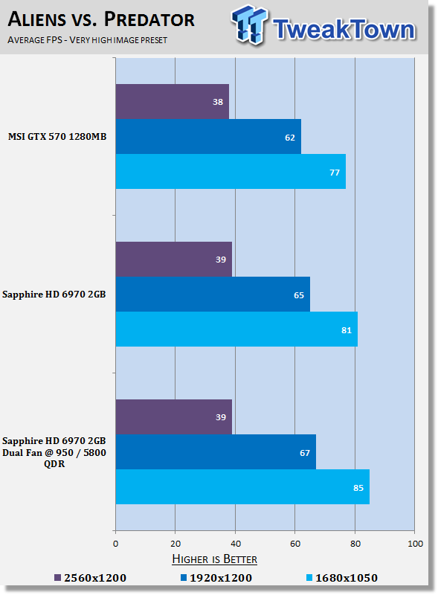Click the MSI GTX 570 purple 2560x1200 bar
[173, 101]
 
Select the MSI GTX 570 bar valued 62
[208, 137]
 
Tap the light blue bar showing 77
[231, 172]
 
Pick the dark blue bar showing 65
[213, 295]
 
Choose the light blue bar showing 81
[236, 329]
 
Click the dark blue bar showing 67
[216, 452]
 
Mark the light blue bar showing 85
[242, 487]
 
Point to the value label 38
[218, 102]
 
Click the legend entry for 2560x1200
[90, 578]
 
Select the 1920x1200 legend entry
[216, 578]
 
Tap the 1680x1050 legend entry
[342, 578]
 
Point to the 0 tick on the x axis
[116, 544]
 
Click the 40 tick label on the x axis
[235, 544]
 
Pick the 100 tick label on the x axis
[415, 544]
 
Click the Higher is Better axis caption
[214, 559]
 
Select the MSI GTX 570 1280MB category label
[57, 137]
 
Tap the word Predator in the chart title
[149, 19]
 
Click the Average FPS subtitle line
[87, 40]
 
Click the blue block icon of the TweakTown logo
[249, 25]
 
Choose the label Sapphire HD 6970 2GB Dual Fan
[54, 452]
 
